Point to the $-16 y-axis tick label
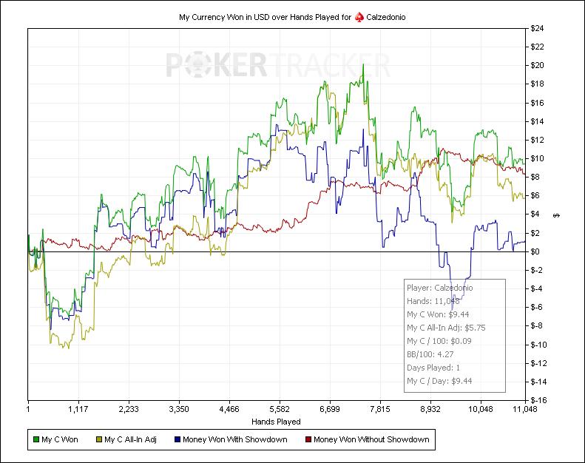[x=537, y=400]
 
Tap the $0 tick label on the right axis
[x=534, y=251]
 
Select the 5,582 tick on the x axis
[x=280, y=408]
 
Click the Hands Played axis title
[x=276, y=422]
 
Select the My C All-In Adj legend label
[x=130, y=439]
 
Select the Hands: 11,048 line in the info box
[x=433, y=301]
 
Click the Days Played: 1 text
[x=438, y=367]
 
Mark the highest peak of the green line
[x=362, y=64]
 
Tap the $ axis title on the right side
[x=556, y=215]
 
